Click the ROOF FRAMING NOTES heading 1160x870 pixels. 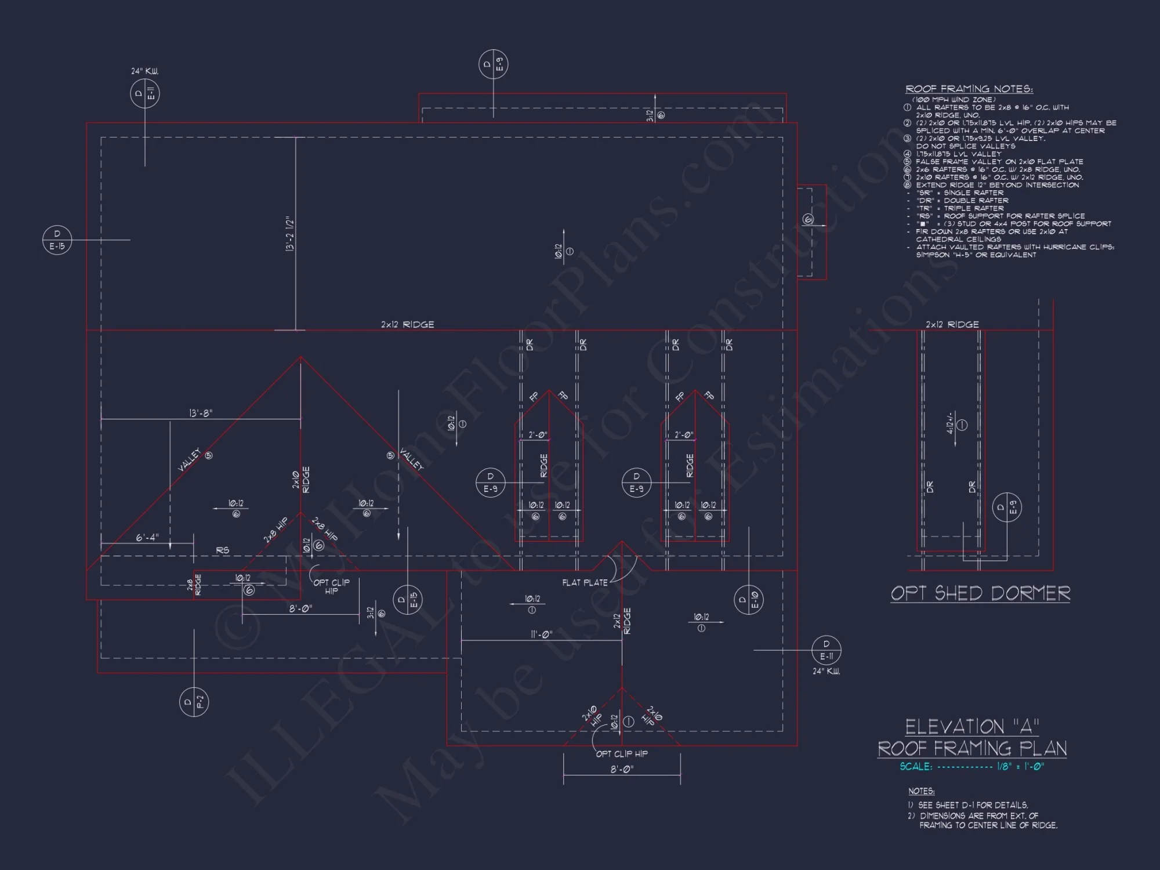(969, 89)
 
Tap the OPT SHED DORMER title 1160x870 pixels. (980, 593)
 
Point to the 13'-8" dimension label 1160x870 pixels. (201, 413)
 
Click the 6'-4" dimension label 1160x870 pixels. (147, 538)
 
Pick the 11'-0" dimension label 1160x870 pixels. (541, 635)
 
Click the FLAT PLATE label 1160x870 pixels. (585, 582)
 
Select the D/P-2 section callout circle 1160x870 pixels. (194, 702)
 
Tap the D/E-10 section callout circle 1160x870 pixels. (748, 599)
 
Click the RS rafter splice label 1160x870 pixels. (222, 550)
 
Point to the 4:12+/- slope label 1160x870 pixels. (950, 423)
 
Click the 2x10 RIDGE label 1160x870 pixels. (301, 480)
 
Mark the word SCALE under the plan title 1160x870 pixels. (916, 766)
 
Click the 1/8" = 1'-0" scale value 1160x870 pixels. (1020, 766)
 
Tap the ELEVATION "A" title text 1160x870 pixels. (972, 727)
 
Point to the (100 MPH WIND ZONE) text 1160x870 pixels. (954, 100)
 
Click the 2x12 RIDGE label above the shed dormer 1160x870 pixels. (952, 324)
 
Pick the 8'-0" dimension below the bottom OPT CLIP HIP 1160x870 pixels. (621, 769)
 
